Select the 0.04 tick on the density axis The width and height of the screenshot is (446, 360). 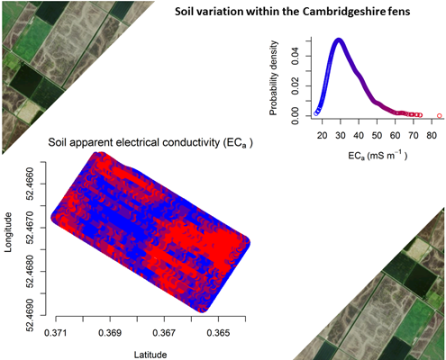(296, 54)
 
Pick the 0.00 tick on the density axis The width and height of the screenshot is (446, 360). (296, 114)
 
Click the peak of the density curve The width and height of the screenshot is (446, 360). (340, 40)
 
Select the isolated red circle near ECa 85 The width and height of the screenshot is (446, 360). (439, 115)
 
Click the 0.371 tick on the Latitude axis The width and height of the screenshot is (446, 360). (57, 332)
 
